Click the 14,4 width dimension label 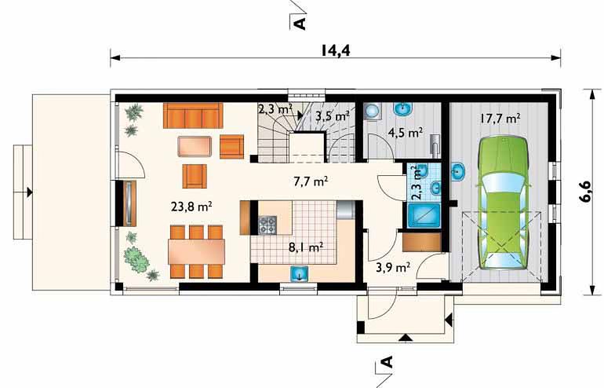pyautogui.click(x=336, y=50)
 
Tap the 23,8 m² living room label pyautogui.click(x=191, y=207)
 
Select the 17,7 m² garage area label pyautogui.click(x=500, y=118)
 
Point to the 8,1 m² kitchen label pyautogui.click(x=306, y=247)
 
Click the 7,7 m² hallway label pyautogui.click(x=311, y=181)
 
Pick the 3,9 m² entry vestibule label pyautogui.click(x=393, y=267)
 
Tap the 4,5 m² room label pyautogui.click(x=406, y=134)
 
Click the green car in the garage pyautogui.click(x=503, y=203)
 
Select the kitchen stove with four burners pyautogui.click(x=267, y=225)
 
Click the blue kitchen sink pyautogui.click(x=299, y=273)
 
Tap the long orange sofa pyautogui.click(x=193, y=115)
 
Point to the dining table pyautogui.click(x=196, y=251)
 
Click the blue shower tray pyautogui.click(x=424, y=215)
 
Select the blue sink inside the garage pyautogui.click(x=458, y=171)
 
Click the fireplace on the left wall pyautogui.click(x=129, y=203)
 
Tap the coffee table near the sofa pyautogui.click(x=195, y=147)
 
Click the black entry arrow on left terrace pyautogui.click(x=29, y=192)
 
